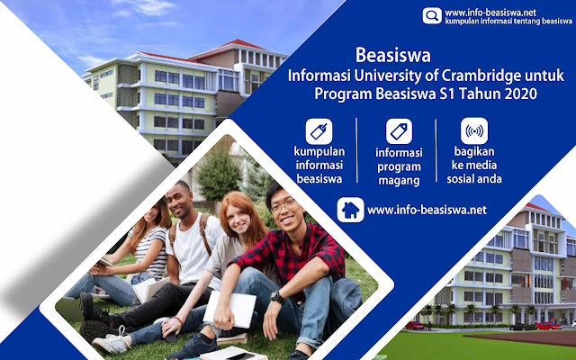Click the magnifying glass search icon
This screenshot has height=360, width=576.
(x=432, y=16)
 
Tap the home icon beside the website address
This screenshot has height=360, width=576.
(x=350, y=210)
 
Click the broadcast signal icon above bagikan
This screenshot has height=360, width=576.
(x=474, y=131)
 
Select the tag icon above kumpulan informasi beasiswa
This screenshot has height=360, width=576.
(x=319, y=131)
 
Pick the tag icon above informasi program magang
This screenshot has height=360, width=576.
(x=399, y=131)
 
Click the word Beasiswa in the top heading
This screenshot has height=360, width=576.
(x=393, y=56)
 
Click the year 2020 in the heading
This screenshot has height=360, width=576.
(x=521, y=94)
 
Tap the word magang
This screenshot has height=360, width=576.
(x=399, y=182)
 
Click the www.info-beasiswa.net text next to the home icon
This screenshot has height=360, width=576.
(x=427, y=210)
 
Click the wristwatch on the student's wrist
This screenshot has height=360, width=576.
(x=277, y=297)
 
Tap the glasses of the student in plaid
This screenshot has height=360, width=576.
(x=283, y=205)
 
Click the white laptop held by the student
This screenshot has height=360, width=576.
(x=230, y=310)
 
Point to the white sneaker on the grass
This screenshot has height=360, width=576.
(x=112, y=341)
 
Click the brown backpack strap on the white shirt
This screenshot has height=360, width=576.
(x=204, y=234)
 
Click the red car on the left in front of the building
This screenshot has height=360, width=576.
(x=414, y=326)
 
